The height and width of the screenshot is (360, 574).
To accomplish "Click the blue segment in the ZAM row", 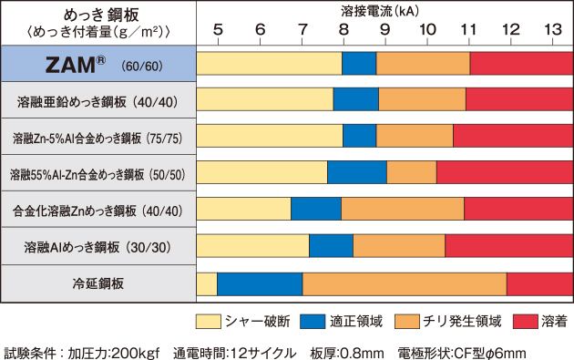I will (359, 64).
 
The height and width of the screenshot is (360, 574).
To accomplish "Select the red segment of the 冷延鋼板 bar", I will (539, 284).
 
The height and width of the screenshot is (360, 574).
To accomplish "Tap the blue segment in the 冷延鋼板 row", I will (260, 284).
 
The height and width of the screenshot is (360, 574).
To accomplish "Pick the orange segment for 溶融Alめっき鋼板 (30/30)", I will (399, 246).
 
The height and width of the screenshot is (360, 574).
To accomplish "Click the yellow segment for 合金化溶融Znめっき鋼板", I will (244, 209).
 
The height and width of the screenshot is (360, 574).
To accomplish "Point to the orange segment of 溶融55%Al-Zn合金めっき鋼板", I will (412, 172).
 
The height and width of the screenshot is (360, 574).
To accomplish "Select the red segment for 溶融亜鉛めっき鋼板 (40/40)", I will (519, 99).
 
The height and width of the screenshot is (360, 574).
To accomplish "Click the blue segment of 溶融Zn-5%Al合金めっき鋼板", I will (360, 136).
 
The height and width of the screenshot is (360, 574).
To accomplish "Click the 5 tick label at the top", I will (217, 28).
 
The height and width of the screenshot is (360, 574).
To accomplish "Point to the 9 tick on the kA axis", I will (385, 28).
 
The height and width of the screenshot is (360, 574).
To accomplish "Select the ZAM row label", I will (98, 64).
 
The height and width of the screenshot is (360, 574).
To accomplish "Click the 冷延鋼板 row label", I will (98, 284).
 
